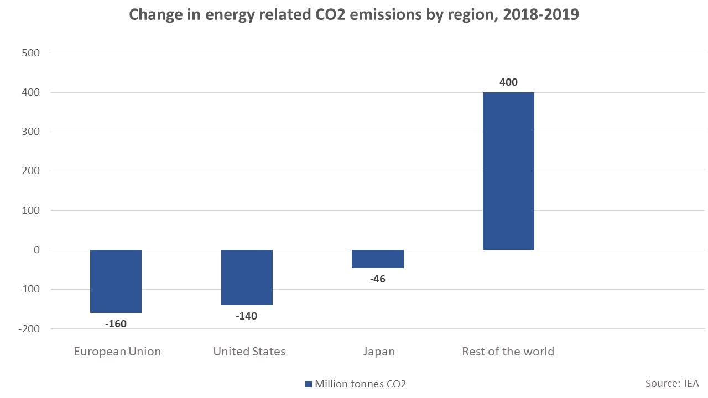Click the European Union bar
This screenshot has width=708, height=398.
pos(116,281)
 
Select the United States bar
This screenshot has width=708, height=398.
pos(247,277)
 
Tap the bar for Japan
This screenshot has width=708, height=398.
pos(378,259)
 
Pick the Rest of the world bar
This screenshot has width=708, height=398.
pos(508,171)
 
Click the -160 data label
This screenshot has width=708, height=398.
pos(116,324)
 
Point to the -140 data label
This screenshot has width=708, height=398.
pos(246,316)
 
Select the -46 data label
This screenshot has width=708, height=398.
pos(378,279)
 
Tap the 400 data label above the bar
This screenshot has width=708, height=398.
pos(508,82)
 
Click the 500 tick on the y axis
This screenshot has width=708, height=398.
pos(30,53)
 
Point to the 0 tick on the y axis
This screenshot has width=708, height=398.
pos(37,250)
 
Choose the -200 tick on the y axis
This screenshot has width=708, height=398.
pos(28,329)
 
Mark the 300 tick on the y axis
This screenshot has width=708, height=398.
pos(30,132)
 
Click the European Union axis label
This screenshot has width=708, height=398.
pos(117,352)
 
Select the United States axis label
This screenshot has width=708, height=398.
pos(249,352)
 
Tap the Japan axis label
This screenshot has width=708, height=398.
pos(379,352)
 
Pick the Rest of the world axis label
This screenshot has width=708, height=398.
pos(508,352)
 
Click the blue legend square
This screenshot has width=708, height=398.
pos(309,384)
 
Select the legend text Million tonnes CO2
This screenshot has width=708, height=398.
pos(360,384)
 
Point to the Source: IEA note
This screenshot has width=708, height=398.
pos(672,383)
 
